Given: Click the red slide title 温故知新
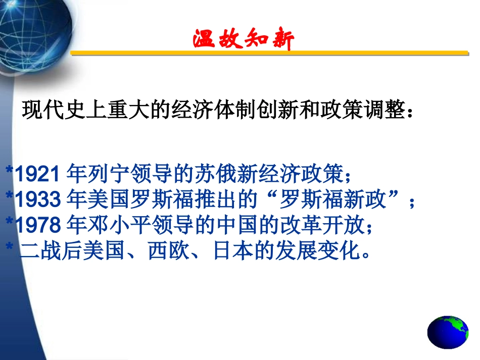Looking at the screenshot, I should pyautogui.click(x=243, y=39).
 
